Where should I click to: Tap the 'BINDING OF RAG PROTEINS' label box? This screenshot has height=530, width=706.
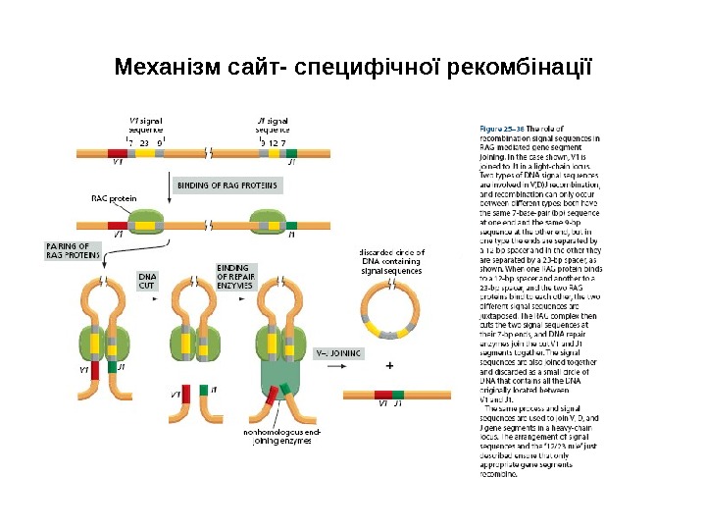click(x=227, y=185)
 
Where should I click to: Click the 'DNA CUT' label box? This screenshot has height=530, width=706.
click(x=147, y=282)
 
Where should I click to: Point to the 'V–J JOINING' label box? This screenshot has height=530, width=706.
click(x=337, y=351)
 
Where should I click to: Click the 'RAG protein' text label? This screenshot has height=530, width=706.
click(x=114, y=198)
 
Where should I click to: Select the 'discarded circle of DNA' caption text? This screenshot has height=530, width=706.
click(x=392, y=261)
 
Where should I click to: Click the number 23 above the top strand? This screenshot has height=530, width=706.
click(x=144, y=143)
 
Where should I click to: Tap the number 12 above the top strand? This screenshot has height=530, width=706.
click(x=273, y=143)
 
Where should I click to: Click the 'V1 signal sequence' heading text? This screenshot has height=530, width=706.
click(x=147, y=123)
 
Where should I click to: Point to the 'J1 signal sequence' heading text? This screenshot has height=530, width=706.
click(x=273, y=123)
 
